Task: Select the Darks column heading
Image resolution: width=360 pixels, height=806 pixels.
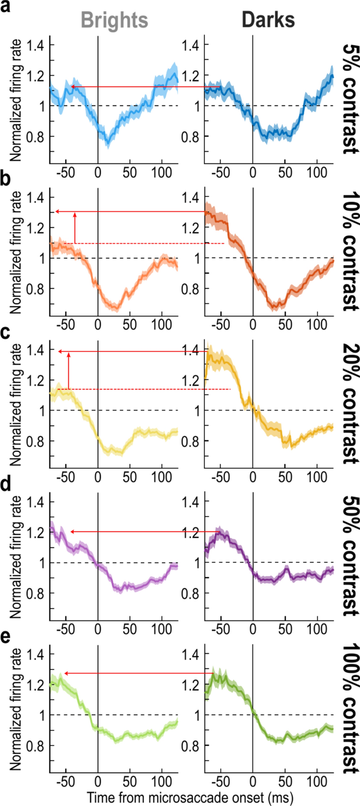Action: [268, 20]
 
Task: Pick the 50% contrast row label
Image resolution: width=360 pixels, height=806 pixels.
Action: [348, 552]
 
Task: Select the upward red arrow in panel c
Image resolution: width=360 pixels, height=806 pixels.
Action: [69, 370]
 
